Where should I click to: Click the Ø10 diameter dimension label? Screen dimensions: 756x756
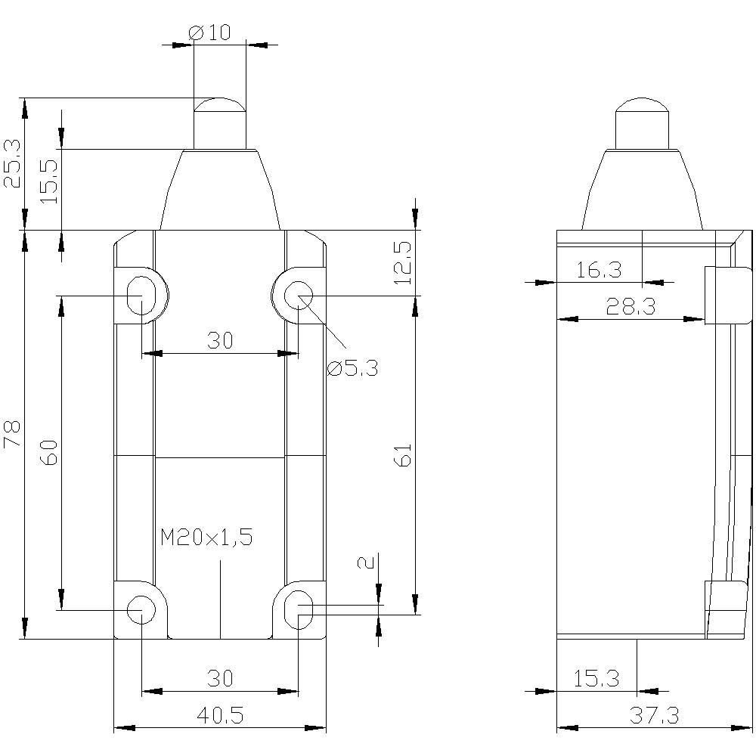210,32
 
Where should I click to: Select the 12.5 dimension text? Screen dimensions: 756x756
404,262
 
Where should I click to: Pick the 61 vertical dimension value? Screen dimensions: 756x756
404,454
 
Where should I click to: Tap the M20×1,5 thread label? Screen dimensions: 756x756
206,538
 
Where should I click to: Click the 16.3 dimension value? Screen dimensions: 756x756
598,270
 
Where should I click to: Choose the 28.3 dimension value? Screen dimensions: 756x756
629,306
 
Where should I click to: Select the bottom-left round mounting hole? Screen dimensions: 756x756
141,609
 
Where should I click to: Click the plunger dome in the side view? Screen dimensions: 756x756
643,110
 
